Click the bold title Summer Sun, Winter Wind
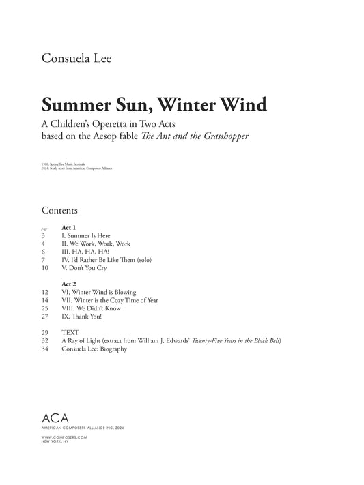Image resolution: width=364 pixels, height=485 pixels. pos(154,106)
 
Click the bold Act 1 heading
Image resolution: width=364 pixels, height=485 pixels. pos(68,226)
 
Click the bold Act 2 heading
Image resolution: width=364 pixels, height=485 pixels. pos(68,283)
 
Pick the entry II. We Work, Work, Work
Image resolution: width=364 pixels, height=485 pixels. pos(96,244)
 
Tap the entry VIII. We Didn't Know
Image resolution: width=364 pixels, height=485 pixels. pos(91,308)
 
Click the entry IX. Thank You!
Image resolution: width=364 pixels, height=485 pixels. pos(83,317)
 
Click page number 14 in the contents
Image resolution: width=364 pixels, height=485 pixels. pos(45,300)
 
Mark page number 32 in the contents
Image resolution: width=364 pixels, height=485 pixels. pos(45,340)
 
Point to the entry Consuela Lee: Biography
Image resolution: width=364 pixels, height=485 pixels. pos(94,349)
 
